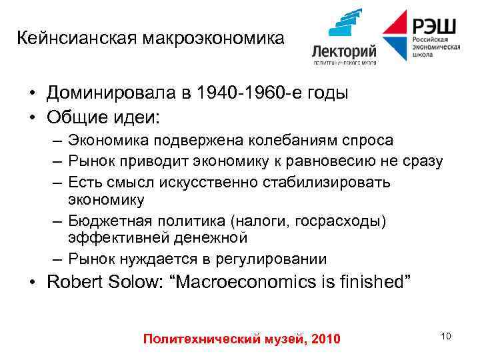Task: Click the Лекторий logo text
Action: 344,51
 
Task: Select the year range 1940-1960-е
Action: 251,93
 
